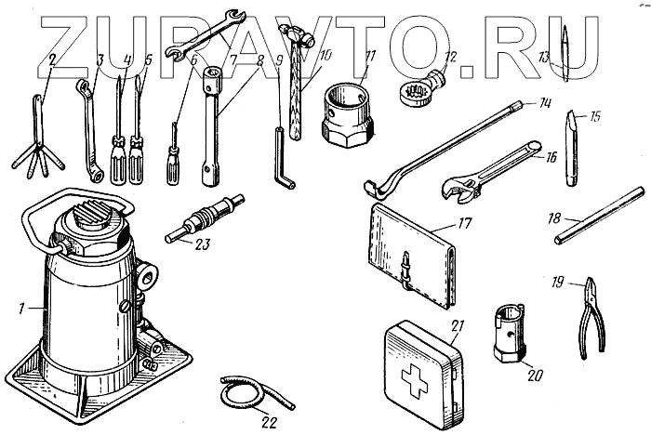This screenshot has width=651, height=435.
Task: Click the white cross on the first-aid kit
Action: coord(415,381)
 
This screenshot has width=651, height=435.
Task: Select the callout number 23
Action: coord(202,244)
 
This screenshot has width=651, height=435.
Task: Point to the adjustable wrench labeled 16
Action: coord(490,173)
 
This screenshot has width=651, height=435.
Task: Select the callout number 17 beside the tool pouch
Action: coord(465,223)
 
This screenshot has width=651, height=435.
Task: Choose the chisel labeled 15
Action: coord(571,148)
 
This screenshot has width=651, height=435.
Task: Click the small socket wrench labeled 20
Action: coord(510,335)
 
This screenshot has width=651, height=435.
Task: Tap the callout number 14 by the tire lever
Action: coord(544,103)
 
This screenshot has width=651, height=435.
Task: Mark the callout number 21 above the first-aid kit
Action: coord(457,326)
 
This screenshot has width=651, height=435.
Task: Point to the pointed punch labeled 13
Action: coord(565,53)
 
